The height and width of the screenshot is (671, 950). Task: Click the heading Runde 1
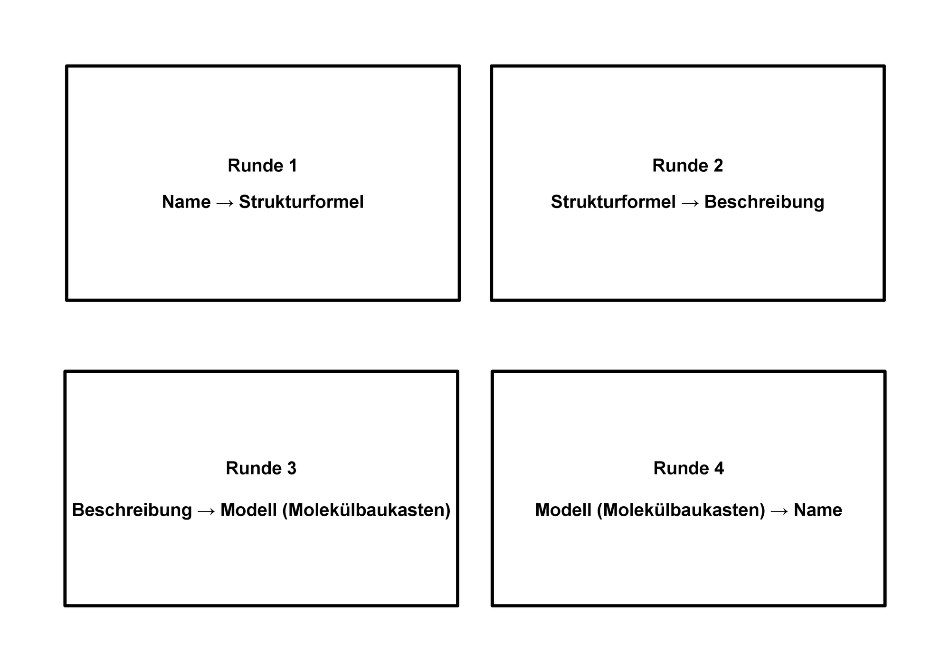coord(263,166)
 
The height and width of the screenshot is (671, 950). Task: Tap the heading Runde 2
coord(688,166)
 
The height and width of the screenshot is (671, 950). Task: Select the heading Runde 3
coord(261,468)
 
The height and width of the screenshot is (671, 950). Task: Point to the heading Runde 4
coord(689,468)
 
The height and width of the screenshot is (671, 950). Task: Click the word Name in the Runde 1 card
coord(186,202)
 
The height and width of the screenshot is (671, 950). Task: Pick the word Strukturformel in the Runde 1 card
coord(301,202)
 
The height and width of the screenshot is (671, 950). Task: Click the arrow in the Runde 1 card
coord(225,203)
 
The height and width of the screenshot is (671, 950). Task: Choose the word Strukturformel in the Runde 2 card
coord(613,202)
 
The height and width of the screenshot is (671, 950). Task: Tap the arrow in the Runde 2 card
coord(690,203)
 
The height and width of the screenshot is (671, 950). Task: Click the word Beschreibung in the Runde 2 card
coord(764,202)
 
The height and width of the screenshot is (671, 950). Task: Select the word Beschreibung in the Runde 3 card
coord(132,510)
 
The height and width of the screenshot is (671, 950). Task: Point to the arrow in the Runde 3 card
coord(207,511)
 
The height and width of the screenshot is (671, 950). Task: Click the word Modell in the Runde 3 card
coord(249,510)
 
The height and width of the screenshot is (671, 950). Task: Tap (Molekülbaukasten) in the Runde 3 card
coord(366,510)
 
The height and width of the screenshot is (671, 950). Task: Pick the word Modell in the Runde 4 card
coord(563,510)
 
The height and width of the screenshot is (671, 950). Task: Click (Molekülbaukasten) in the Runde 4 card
coord(681,510)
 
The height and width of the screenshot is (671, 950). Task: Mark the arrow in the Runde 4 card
coord(779,511)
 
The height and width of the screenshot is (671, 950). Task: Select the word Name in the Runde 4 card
coord(818,510)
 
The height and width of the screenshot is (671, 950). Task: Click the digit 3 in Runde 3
coord(292,468)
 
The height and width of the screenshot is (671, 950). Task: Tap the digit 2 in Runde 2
coord(718,166)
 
